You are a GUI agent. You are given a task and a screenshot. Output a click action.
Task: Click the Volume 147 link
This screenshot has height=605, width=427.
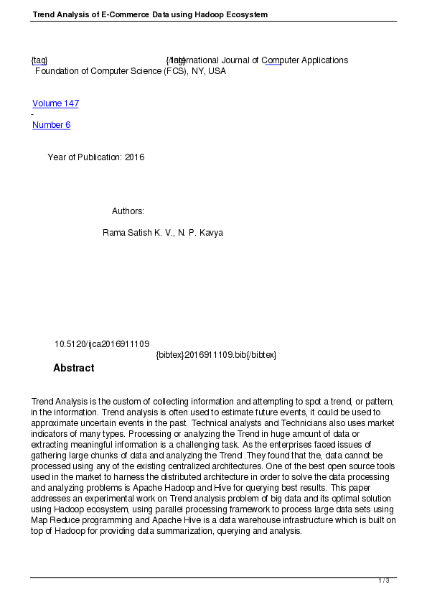click(x=55, y=103)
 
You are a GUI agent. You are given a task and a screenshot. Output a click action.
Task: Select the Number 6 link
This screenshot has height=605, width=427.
click(x=51, y=125)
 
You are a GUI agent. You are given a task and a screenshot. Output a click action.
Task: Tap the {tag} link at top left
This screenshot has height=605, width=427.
click(x=39, y=60)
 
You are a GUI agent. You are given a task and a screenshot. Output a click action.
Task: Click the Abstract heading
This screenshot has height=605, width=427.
click(x=73, y=368)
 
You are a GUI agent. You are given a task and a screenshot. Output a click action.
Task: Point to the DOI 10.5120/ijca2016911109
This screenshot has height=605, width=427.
click(x=102, y=344)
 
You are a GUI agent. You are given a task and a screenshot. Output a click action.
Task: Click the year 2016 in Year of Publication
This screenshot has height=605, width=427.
click(x=134, y=157)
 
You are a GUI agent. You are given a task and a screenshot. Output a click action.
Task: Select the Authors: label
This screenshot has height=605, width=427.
click(x=128, y=211)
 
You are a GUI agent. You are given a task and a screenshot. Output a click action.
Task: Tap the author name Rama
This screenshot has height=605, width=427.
click(x=115, y=233)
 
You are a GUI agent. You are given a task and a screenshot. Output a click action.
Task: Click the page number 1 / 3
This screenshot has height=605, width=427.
click(x=384, y=581)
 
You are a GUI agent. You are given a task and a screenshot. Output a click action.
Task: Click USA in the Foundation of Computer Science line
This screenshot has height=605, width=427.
click(x=217, y=71)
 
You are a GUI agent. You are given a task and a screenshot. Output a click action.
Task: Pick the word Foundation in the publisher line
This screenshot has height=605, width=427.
click(x=57, y=71)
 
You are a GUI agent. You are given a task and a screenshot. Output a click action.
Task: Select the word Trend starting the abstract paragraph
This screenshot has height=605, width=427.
click(x=44, y=401)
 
